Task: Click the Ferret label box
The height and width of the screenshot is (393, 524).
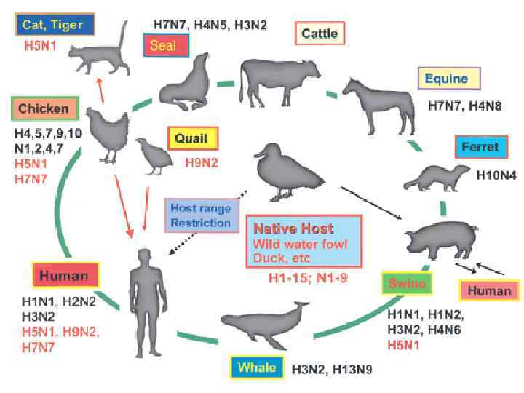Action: [x=480, y=147]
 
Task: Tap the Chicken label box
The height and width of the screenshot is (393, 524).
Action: [x=44, y=108]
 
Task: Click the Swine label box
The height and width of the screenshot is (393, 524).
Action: [x=408, y=282]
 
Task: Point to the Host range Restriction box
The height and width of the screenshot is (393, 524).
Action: [x=201, y=214]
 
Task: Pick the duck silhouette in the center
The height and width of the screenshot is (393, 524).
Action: [x=287, y=175]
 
